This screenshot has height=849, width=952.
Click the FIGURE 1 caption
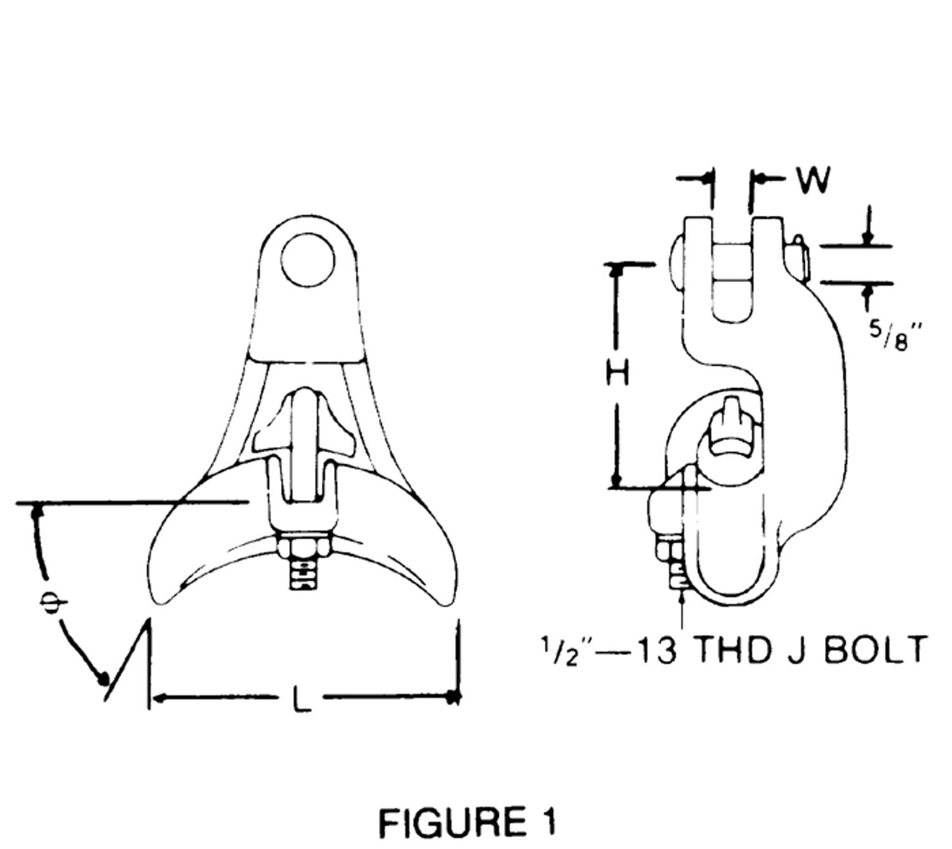tap(466, 823)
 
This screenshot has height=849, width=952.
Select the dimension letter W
tap(813, 180)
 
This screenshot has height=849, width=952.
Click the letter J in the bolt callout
tap(795, 650)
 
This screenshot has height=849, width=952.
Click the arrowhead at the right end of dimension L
tap(452, 697)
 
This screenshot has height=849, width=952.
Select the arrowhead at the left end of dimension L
tap(157, 698)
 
